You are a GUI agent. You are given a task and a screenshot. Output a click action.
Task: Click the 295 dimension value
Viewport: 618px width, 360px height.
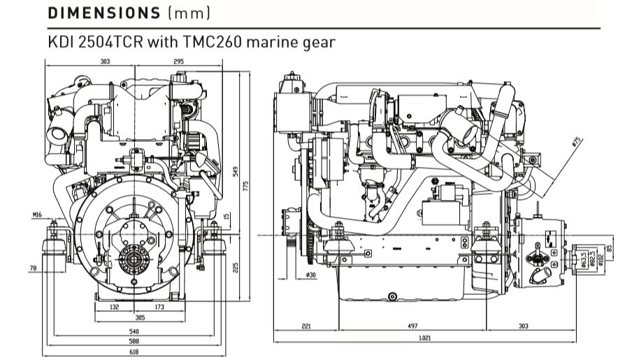point(178,62)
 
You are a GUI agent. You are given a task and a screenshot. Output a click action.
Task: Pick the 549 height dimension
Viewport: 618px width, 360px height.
point(236,171)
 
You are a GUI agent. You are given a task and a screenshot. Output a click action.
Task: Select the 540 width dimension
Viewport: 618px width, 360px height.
point(133,331)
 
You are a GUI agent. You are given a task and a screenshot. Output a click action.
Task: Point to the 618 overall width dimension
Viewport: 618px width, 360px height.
point(133,352)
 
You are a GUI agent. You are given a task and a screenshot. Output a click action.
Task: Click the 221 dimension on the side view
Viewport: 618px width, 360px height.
point(306,326)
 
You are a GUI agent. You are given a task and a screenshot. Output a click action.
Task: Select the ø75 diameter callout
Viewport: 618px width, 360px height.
point(577,141)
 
